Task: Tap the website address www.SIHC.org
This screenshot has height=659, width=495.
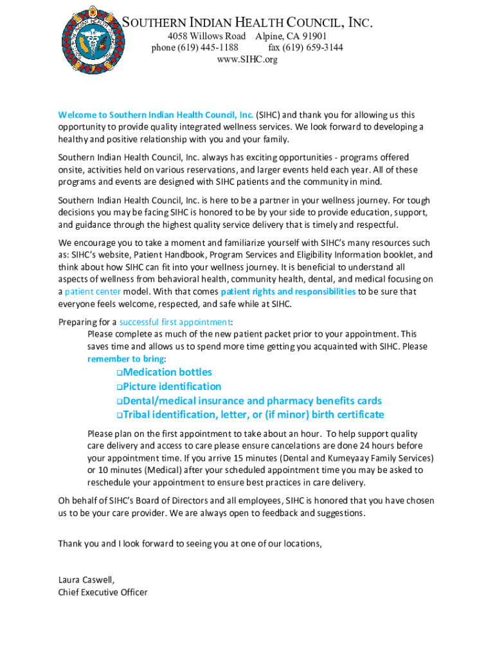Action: (x=248, y=59)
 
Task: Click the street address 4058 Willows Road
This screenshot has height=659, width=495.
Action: (x=206, y=36)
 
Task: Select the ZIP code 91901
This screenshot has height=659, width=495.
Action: (x=314, y=36)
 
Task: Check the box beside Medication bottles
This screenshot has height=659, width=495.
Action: (x=120, y=373)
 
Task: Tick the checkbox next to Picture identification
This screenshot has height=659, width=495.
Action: (x=120, y=387)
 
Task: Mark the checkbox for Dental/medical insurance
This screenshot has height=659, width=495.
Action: (x=120, y=401)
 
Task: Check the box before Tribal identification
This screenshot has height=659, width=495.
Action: (x=120, y=415)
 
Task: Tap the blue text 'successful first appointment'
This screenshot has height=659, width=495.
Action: (x=175, y=322)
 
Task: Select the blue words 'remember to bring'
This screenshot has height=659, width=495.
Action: (x=125, y=358)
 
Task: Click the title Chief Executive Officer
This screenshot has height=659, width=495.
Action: (x=103, y=592)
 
